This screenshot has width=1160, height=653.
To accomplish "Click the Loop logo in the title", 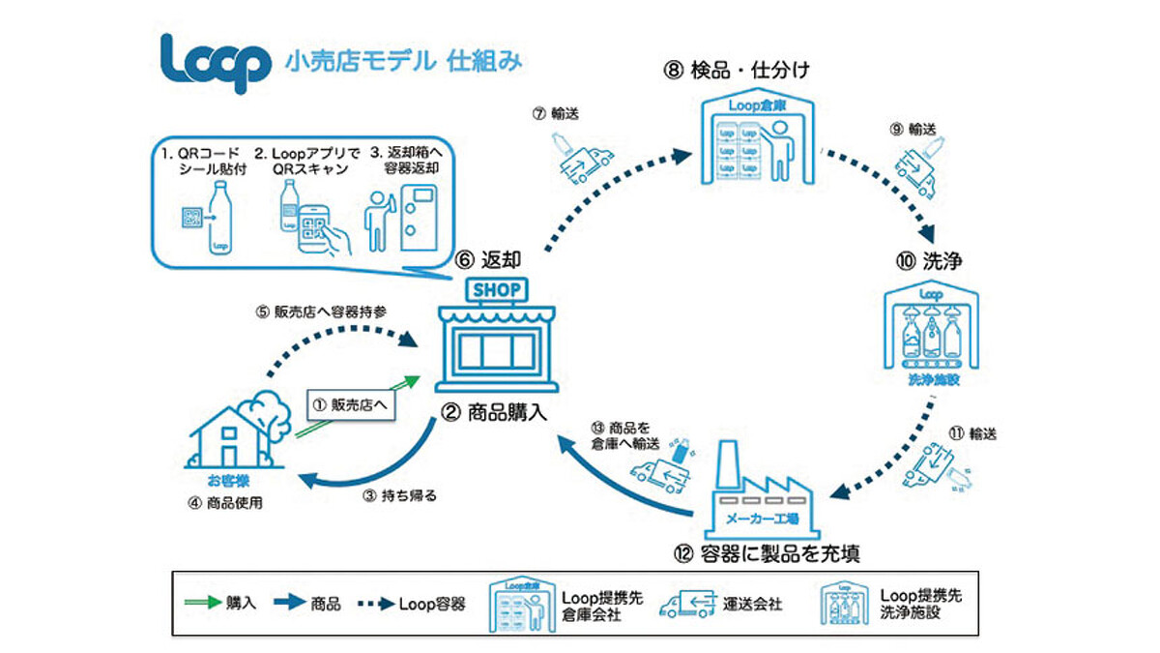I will (215, 64).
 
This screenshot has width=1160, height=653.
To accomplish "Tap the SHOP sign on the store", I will (496, 289).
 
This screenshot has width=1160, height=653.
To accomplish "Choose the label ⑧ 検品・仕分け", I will (749, 70).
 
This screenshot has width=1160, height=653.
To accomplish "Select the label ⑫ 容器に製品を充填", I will (763, 553).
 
